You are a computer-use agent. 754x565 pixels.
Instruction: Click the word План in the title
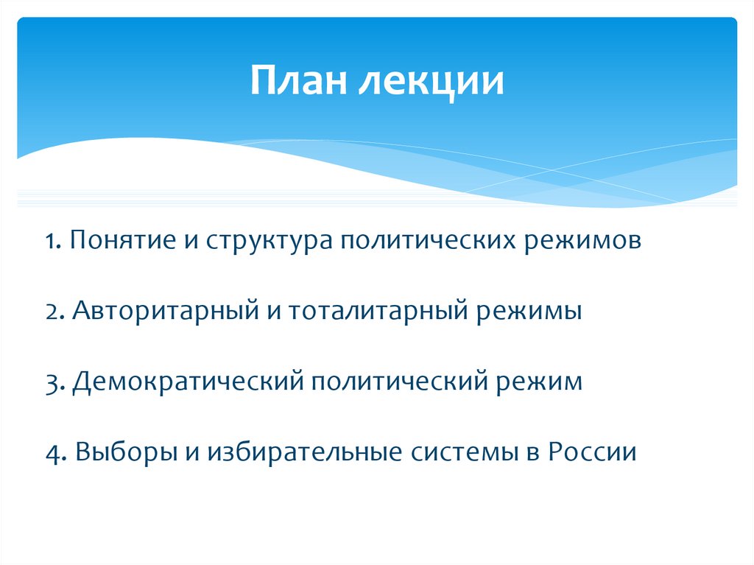point(298,82)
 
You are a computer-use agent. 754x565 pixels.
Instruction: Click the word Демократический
point(188,382)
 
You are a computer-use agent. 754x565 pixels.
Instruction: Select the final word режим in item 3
point(537,382)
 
